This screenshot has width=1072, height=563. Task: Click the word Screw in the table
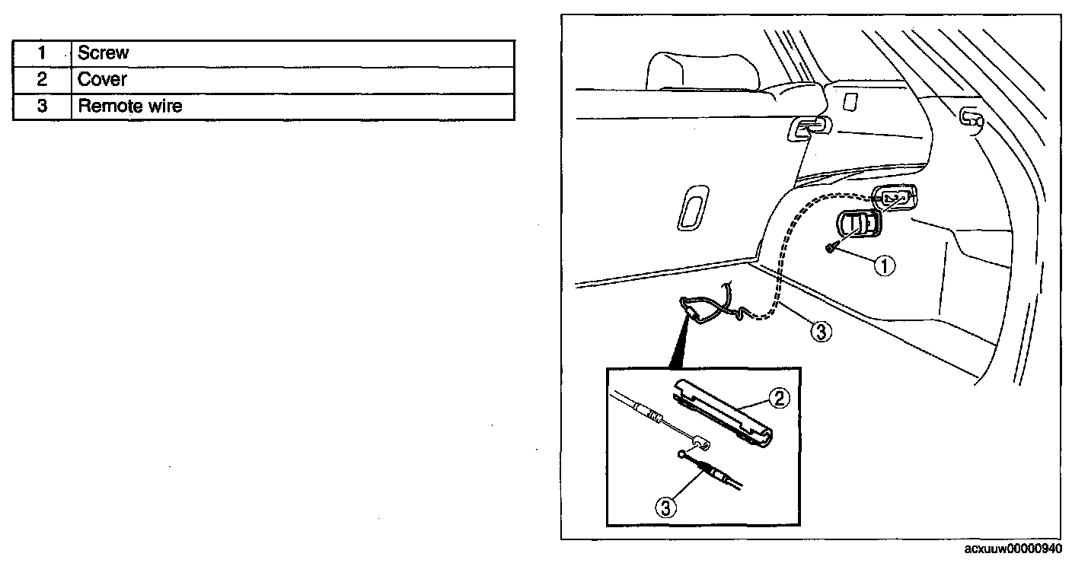[x=104, y=53]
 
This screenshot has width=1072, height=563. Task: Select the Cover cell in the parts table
[x=103, y=80]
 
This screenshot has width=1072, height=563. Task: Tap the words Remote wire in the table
[x=130, y=106]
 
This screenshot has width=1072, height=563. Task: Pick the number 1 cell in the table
[x=43, y=53]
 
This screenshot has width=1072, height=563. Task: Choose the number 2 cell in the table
[x=43, y=80]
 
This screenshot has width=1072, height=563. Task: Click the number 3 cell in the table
[x=43, y=106]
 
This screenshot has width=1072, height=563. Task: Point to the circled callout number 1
[x=884, y=266]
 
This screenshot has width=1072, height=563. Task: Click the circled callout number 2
[x=777, y=397]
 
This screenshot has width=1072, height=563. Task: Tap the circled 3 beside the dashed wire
[x=818, y=332]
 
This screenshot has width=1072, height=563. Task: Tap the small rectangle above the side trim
[x=850, y=100]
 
